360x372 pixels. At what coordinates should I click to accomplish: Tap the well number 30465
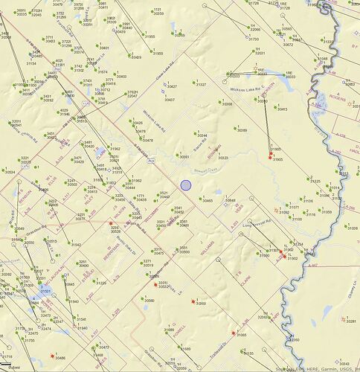pyautogui.click(x=208, y=201)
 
